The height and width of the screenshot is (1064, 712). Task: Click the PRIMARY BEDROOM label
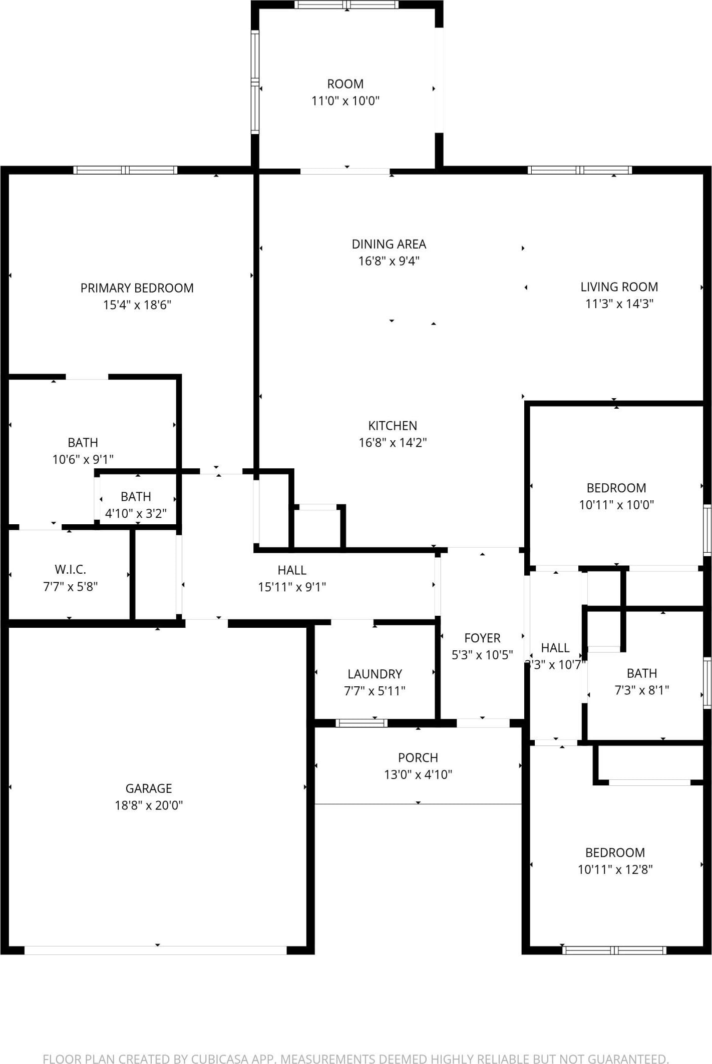pos(137,288)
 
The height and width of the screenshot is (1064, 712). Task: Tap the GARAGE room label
pos(149,788)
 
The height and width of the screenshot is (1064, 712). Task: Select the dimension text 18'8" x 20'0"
pos(149,805)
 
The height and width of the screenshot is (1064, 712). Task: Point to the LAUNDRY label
pos(375,674)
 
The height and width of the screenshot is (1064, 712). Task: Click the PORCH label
pos(418,757)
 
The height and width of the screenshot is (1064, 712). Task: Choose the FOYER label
pos(482,638)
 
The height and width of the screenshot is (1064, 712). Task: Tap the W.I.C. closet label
pos(70,569)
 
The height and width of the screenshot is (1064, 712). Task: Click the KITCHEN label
pos(393,426)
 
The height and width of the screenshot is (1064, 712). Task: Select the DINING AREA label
pos(389,244)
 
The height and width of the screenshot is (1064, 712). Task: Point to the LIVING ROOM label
pos(619,287)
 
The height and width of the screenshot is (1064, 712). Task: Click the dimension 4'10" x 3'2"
pos(136,513)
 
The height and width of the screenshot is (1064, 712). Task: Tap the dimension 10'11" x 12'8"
pos(615,869)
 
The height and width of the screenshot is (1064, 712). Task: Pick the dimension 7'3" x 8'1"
pos(642,690)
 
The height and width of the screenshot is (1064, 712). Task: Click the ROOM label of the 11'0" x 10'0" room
pos(345,84)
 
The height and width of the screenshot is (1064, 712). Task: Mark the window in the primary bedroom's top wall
pos(125,170)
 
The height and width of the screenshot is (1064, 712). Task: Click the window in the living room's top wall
pos(580,170)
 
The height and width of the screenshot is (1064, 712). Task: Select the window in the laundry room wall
pos(361,722)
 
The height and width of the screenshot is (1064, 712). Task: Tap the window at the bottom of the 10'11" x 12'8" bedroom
pos(614,950)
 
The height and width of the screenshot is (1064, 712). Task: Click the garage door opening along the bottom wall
pos(155,950)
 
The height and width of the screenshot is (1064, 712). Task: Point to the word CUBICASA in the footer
pos(220,1058)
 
